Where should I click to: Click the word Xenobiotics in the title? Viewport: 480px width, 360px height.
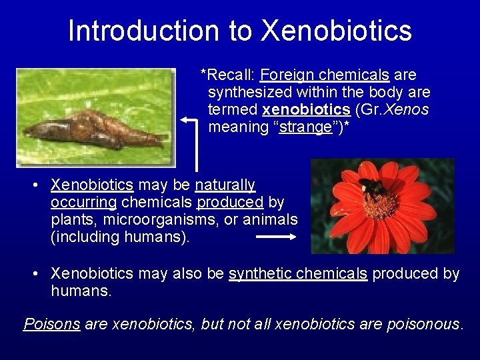click(336, 31)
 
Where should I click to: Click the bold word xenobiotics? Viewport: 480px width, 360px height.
click(307, 109)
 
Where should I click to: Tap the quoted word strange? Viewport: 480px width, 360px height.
click(306, 127)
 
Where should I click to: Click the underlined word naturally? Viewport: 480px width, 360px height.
click(225, 185)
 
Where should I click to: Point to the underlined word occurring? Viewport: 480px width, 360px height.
click(84, 202)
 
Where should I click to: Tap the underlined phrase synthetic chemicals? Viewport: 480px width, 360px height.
click(298, 274)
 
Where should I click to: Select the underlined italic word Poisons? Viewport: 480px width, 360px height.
click(52, 324)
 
